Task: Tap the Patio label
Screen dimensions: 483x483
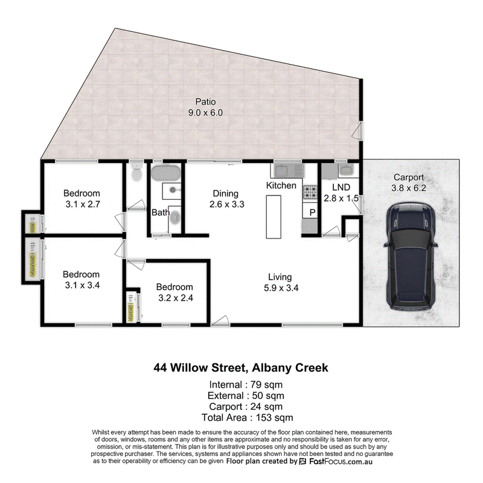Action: tap(205, 101)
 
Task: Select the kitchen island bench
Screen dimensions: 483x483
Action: tap(273, 217)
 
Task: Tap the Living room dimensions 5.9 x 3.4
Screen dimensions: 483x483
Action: tap(281, 288)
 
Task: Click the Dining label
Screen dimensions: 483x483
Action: tap(225, 193)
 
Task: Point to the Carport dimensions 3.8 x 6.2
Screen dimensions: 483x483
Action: tap(409, 188)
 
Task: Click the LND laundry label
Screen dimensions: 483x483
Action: tap(341, 187)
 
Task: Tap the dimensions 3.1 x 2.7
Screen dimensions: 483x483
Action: tap(83, 204)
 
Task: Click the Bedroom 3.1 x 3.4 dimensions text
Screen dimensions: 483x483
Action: tap(82, 285)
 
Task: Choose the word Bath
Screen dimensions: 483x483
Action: tap(161, 213)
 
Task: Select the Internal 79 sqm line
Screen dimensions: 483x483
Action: tap(246, 385)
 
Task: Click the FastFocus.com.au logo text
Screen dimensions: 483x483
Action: tap(341, 461)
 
